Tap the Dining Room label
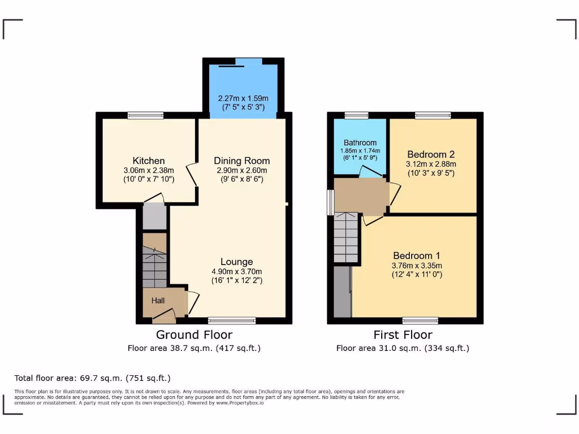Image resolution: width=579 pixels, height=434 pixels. tap(241, 161)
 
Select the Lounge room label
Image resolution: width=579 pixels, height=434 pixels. tap(236, 262)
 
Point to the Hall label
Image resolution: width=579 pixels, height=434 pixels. tap(158, 301)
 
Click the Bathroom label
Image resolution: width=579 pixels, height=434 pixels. tap(360, 143)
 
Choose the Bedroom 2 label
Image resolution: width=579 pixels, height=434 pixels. tap(431, 154)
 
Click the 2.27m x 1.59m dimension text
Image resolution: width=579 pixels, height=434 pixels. tap(243, 98)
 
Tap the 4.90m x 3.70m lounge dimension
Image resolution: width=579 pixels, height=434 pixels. tap(236, 271)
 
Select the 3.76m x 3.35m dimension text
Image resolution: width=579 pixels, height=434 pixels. tap(417, 266)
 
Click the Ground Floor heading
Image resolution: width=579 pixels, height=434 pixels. tap(194, 335)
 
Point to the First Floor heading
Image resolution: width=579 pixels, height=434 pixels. tap(402, 335)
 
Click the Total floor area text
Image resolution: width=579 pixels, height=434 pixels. tap(92, 378)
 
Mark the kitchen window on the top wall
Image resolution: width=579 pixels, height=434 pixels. tap(145, 115)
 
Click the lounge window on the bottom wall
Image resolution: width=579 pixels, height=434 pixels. tap(231, 320)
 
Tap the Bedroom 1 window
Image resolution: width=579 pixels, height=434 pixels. tap(420, 320)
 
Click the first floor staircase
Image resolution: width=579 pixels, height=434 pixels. tap(346, 237)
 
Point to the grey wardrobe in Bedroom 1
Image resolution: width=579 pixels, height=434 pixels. tap(342, 292)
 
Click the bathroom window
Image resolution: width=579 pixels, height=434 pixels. tap(356, 115)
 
